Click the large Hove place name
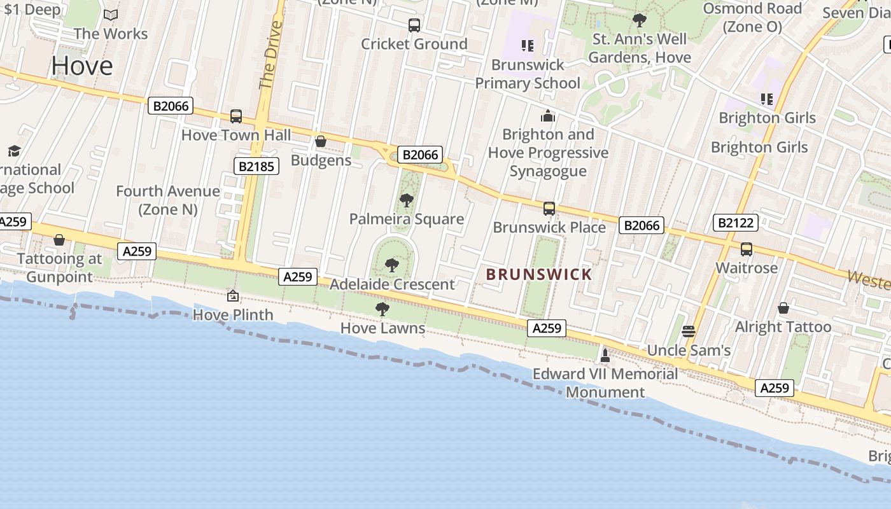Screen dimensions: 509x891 click(x=82, y=66)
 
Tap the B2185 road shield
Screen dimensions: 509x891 click(x=257, y=167)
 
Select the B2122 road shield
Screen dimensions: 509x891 click(x=736, y=223)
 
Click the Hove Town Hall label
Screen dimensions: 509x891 click(x=236, y=135)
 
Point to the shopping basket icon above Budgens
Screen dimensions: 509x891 click(x=321, y=141)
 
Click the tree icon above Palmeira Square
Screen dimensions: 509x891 click(x=406, y=200)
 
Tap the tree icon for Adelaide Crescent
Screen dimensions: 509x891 click(x=392, y=265)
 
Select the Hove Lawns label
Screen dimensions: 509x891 click(x=382, y=328)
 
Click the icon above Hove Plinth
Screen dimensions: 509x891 click(x=233, y=296)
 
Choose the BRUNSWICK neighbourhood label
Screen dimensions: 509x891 click(x=539, y=275)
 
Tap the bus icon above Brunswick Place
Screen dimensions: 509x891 click(x=549, y=208)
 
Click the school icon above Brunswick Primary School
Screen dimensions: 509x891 click(x=527, y=45)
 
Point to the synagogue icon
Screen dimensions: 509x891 click(x=547, y=116)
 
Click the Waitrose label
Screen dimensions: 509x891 click(x=747, y=268)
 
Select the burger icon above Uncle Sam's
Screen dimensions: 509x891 click(x=688, y=331)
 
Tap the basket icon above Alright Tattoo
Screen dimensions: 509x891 click(x=783, y=308)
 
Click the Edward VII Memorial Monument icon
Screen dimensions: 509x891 click(x=605, y=355)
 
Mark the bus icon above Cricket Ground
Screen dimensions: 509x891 click(x=414, y=25)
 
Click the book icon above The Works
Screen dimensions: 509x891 click(x=111, y=15)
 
